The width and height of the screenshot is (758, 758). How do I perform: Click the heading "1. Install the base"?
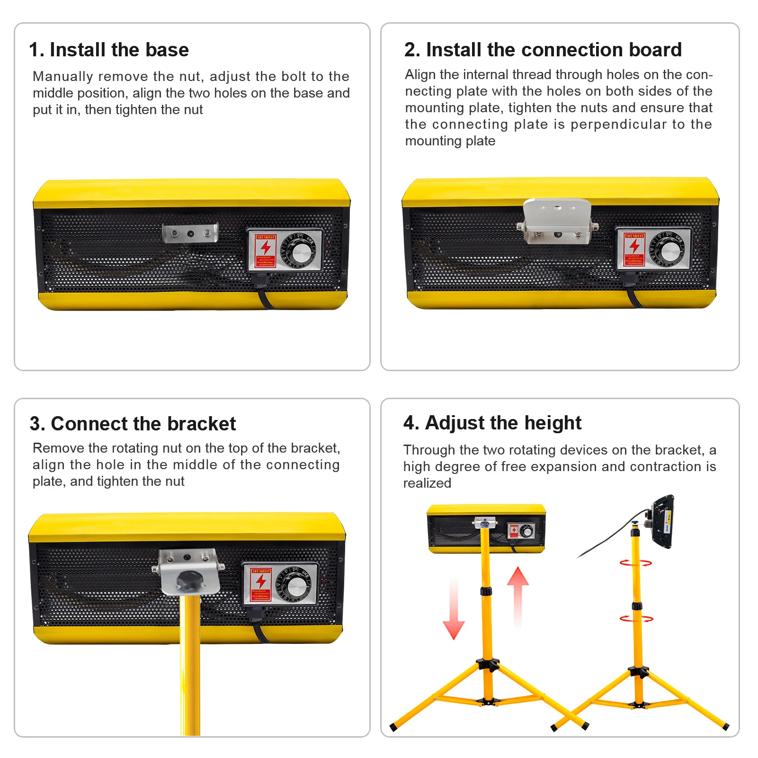tap(109, 50)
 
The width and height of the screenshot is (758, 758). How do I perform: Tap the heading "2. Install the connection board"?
tap(543, 50)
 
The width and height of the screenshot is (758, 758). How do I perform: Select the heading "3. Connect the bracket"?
tap(133, 424)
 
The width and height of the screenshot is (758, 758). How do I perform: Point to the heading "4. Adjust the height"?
tap(492, 423)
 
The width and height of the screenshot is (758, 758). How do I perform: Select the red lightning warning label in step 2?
tap(634, 249)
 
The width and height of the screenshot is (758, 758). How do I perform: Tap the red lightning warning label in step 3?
tap(261, 585)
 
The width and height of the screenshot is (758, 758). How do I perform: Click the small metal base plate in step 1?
tap(190, 233)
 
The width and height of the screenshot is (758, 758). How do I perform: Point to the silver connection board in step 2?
tap(557, 220)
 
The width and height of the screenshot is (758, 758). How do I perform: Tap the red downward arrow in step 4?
tap(453, 611)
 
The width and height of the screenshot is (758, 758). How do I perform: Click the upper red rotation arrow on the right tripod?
tap(635, 562)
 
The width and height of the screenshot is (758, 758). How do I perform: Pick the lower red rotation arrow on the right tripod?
tap(636, 618)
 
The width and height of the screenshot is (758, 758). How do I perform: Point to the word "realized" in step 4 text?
tap(427, 483)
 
